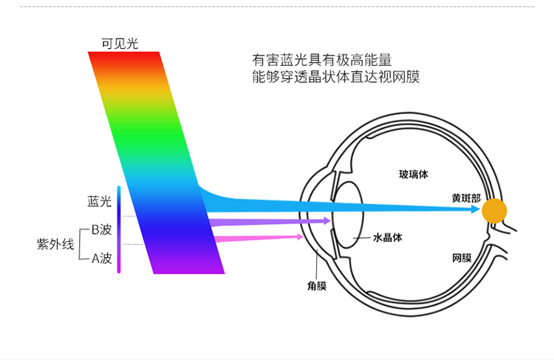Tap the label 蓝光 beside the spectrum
[99, 201]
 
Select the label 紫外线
[55, 244]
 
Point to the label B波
[101, 230]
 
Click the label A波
[101, 259]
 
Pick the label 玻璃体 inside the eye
[414, 174]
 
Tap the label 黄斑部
[466, 199]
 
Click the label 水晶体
[387, 238]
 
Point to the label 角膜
[317, 285]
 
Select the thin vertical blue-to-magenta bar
[118, 230]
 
